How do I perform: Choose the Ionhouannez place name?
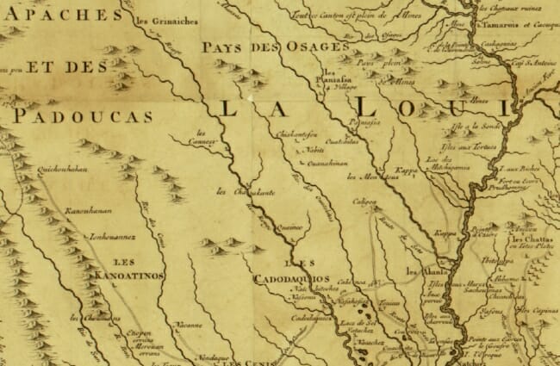pos(89,231)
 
